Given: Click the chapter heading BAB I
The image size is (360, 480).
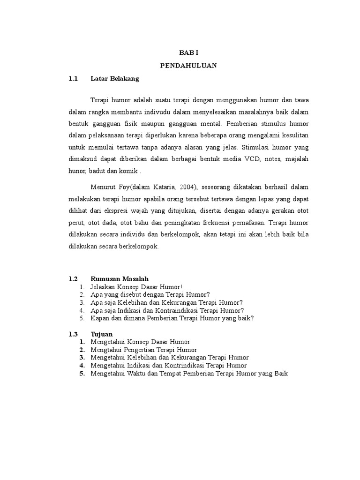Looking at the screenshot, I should [x=188, y=54].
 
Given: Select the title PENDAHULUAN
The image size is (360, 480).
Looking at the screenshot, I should [x=188, y=66].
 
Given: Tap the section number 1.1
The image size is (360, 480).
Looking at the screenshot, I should [x=72, y=79].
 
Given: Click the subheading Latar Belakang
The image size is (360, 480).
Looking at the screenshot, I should [x=115, y=79].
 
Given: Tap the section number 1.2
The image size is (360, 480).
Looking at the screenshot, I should [x=72, y=278].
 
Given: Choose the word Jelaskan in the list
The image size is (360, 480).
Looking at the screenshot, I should [x=103, y=286].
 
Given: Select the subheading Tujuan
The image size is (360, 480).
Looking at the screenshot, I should [x=100, y=334].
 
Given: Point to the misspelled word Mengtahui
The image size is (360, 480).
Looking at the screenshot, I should [x=106, y=350].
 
